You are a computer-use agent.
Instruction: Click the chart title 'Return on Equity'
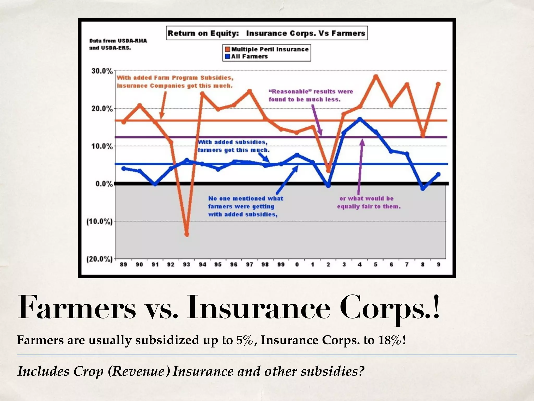pyautogui.click(x=203, y=33)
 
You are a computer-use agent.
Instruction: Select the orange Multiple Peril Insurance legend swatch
pyautogui.click(x=227, y=49)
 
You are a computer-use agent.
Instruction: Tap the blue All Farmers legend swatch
pyautogui.click(x=227, y=56)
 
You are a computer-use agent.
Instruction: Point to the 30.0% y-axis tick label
pyautogui.click(x=102, y=71)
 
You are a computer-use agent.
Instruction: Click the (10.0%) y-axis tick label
pyautogui.click(x=99, y=222)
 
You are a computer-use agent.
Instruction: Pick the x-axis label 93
pyautogui.click(x=186, y=264)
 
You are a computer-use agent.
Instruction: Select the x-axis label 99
pyautogui.click(x=281, y=264)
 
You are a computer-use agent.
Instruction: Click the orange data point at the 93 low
pyautogui.click(x=187, y=234)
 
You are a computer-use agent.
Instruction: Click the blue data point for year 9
pyautogui.click(x=438, y=174)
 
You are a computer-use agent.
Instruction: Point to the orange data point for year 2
pyautogui.click(x=329, y=171)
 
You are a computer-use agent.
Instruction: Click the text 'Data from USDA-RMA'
pyautogui.click(x=118, y=41)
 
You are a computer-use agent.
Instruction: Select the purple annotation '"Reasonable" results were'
pyautogui.click(x=311, y=92)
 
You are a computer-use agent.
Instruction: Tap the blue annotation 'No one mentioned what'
pyautogui.click(x=245, y=198)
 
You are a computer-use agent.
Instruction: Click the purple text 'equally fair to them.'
pyautogui.click(x=369, y=207)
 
